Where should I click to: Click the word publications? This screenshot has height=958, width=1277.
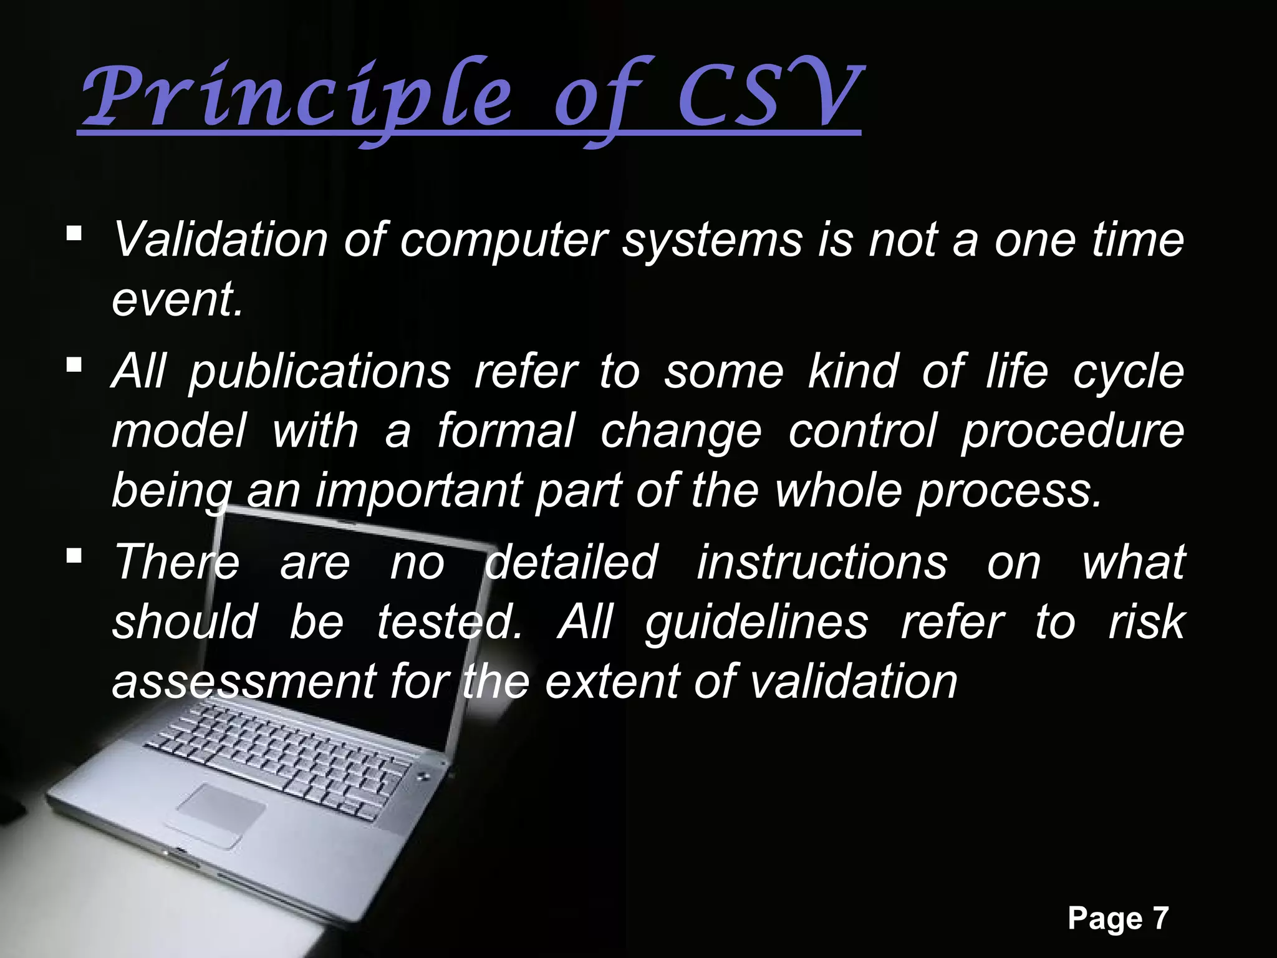click(319, 372)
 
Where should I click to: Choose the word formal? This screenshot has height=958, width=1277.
click(505, 432)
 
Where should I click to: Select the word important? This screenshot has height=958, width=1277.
click(418, 491)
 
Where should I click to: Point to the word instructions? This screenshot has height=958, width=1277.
click(822, 563)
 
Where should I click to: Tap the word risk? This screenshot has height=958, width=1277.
click(1146, 622)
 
